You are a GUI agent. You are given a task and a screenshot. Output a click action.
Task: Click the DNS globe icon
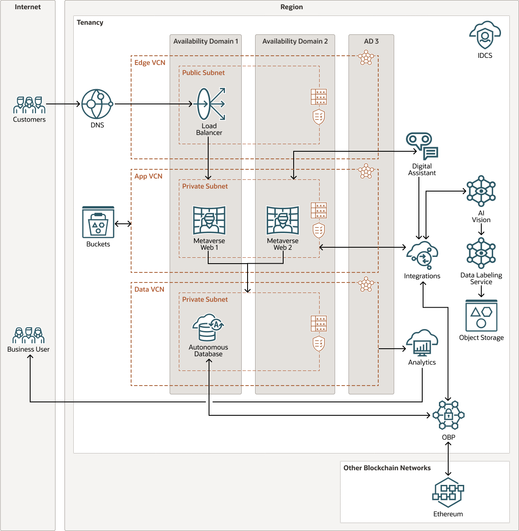[x=97, y=104]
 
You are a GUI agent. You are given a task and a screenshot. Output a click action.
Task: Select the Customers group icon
[x=29, y=105]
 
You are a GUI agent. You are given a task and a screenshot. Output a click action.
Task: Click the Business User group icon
[x=28, y=335]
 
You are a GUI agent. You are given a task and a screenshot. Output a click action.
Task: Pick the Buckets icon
[x=98, y=222]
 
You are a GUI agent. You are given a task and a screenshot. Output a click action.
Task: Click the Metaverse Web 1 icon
[x=209, y=220]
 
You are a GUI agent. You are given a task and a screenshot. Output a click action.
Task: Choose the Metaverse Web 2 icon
[x=283, y=220]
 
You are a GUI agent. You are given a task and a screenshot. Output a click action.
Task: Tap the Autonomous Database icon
[x=208, y=327]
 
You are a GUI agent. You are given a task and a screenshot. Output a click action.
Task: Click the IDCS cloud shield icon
[x=485, y=35]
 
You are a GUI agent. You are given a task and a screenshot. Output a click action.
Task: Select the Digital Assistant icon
[x=422, y=146]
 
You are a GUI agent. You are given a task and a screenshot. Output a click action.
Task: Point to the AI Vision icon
[x=481, y=191]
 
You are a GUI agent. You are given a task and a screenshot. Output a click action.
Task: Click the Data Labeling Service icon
[x=481, y=253]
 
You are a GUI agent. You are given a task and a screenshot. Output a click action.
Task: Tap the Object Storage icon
[x=481, y=316]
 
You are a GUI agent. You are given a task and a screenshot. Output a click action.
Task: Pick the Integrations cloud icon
[x=422, y=255]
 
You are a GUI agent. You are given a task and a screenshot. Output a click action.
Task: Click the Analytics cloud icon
[x=422, y=343]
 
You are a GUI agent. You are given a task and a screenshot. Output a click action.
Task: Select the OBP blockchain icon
[x=448, y=415]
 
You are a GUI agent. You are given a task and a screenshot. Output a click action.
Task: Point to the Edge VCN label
[x=150, y=63]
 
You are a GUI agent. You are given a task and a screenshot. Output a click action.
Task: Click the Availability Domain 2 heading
[x=295, y=41]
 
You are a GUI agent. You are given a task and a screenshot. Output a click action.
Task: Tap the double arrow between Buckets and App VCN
[x=123, y=224]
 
